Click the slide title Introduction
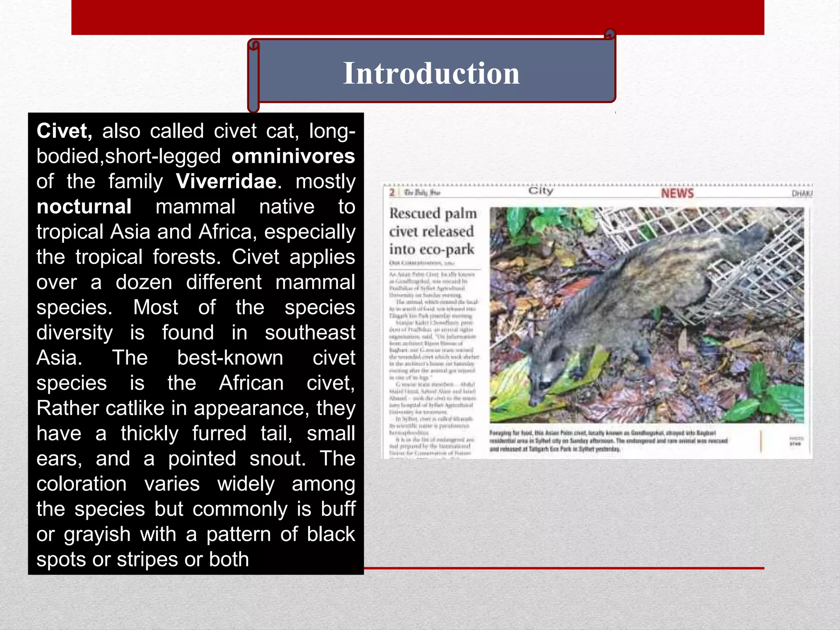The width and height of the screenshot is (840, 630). (431, 73)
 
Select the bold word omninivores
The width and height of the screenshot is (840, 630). (293, 156)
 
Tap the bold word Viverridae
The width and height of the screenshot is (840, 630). (226, 181)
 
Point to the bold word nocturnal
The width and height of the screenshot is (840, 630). (84, 207)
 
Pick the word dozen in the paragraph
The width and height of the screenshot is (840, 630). (144, 283)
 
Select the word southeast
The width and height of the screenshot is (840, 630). (310, 333)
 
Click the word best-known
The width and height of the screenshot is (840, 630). (230, 358)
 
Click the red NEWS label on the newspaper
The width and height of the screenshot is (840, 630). (677, 194)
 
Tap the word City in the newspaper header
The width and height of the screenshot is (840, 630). (541, 191)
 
